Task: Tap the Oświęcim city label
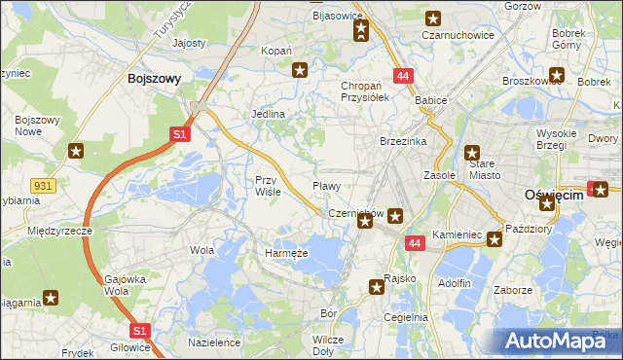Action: pos(552,195)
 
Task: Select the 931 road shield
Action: pos(42,184)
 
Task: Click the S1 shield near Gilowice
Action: pos(139,331)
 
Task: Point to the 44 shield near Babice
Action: pos(402,75)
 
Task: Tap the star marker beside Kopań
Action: pos(301,69)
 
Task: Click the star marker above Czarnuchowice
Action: pos(433,18)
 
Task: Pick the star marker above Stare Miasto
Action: pos(472,152)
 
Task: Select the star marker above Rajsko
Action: pos(377,286)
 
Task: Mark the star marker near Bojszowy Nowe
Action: pos(76,151)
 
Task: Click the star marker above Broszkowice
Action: pos(556,74)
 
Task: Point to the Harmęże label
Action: pos(286,253)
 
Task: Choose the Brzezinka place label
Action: pos(403,141)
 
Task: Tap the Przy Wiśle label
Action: pos(268,185)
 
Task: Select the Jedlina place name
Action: pos(268,114)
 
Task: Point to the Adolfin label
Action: pos(455,283)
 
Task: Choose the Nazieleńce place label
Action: pos(214,343)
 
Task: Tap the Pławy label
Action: pos(325,185)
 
